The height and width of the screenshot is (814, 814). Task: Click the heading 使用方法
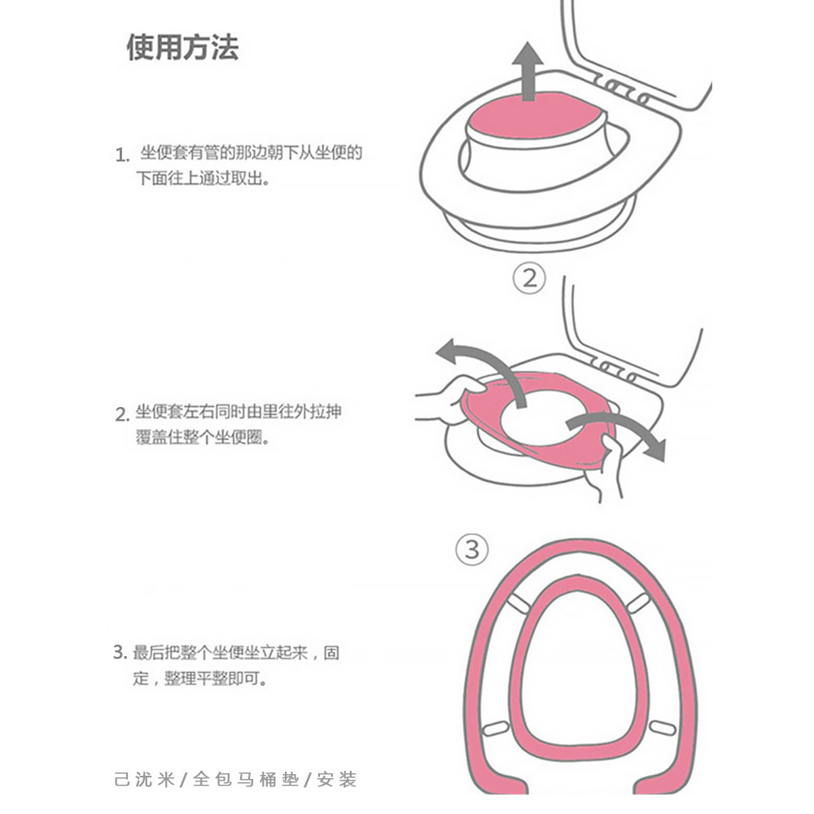(x=182, y=48)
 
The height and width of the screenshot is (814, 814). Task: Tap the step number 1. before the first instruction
(x=123, y=155)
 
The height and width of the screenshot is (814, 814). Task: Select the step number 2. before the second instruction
(x=122, y=415)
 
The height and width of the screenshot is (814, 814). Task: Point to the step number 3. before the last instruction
(x=119, y=653)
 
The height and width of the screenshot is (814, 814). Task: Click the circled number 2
(x=529, y=279)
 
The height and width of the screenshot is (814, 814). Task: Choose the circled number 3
(x=472, y=549)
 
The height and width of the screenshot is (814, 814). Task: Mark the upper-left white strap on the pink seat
(x=517, y=605)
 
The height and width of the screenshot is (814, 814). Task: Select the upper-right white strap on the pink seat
(x=640, y=603)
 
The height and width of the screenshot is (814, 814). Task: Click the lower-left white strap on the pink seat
(x=495, y=729)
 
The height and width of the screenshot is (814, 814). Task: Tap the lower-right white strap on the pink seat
(x=660, y=725)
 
